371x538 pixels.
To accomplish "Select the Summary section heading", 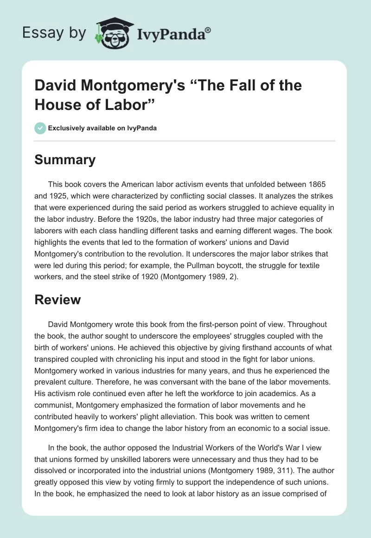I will (65, 160).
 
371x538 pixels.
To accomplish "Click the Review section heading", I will (58, 300).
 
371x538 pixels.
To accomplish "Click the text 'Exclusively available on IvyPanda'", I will (102, 128).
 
